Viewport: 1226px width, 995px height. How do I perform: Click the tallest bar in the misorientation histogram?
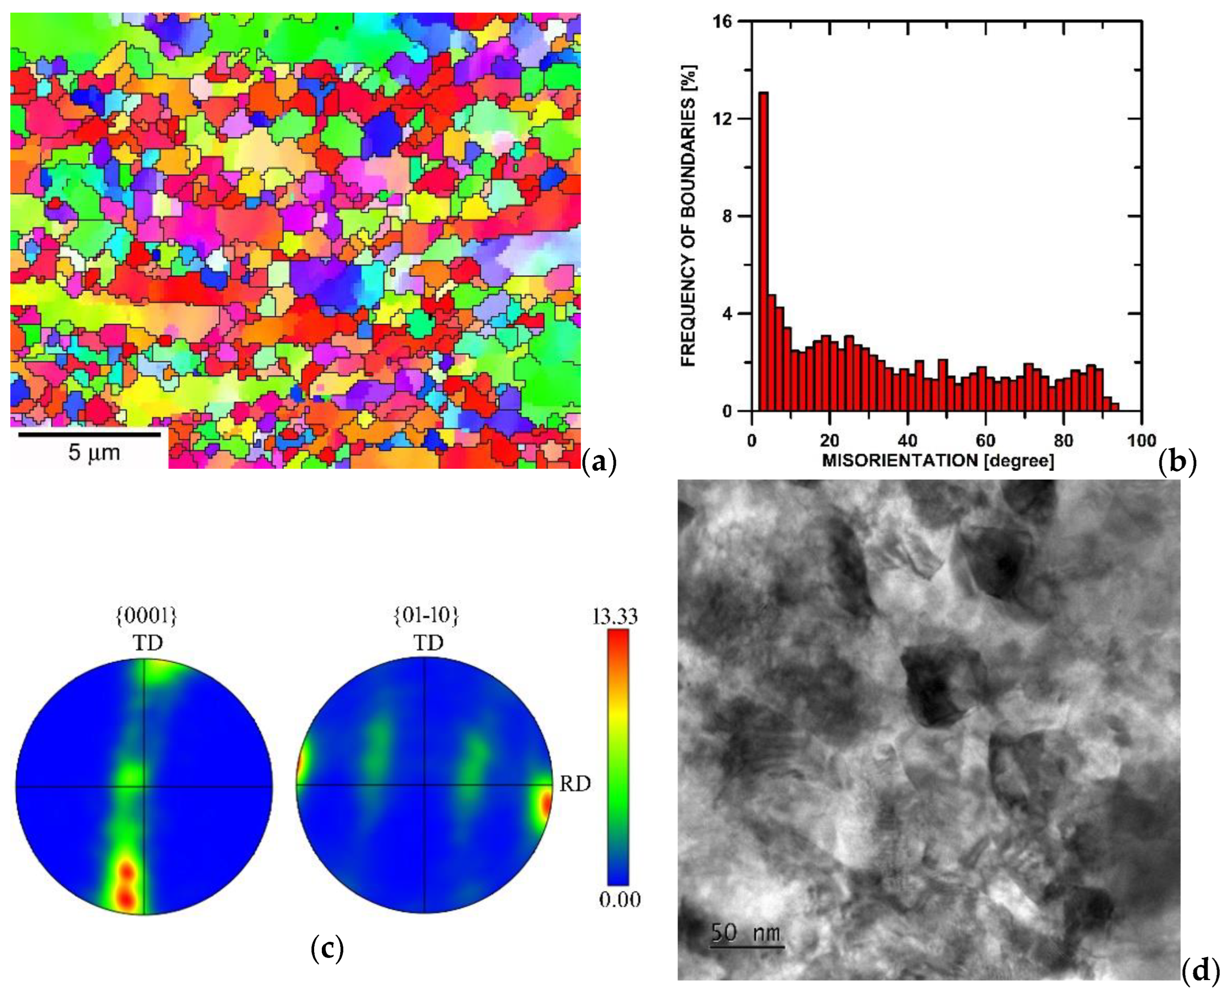point(763,252)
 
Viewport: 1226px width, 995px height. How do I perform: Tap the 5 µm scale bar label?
point(94,453)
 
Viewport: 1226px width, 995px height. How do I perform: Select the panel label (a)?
point(599,460)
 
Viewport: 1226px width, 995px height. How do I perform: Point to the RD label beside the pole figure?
point(575,784)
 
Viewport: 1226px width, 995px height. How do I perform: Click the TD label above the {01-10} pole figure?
point(429,643)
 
